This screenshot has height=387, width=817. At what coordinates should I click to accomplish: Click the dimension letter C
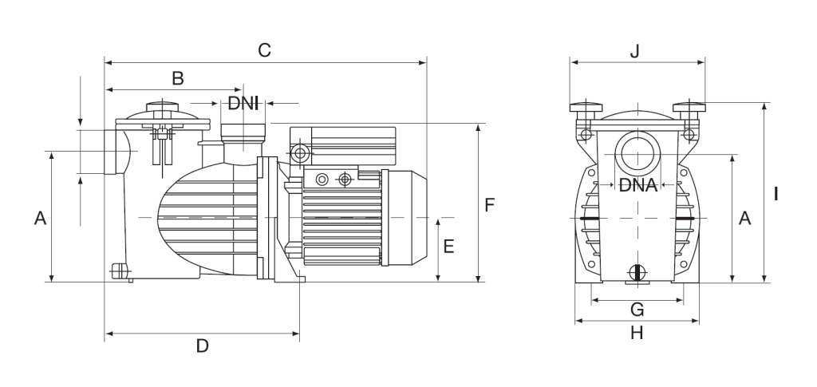264,49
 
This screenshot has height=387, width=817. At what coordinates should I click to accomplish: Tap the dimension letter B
178,77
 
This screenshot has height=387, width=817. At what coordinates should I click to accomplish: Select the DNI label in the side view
243,103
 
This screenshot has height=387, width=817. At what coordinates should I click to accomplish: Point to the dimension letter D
202,346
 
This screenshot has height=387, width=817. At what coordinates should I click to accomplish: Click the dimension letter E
448,247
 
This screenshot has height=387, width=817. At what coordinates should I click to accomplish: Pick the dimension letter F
490,205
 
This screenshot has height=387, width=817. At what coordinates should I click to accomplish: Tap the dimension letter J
635,51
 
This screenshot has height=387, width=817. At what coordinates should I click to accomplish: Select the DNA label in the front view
637,186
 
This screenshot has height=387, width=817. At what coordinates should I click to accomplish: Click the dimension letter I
776,193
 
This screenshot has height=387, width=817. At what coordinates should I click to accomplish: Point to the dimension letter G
637,309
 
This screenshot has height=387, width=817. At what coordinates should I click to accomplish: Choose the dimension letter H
637,333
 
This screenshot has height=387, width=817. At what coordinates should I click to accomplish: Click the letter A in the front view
744,218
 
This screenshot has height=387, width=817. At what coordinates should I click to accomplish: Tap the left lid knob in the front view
585,107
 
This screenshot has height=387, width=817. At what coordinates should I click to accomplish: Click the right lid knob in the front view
689,107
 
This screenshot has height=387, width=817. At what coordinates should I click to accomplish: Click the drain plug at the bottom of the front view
637,272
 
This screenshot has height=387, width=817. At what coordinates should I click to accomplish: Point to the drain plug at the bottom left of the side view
120,271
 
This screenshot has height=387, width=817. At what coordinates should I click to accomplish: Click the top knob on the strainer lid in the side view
164,106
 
